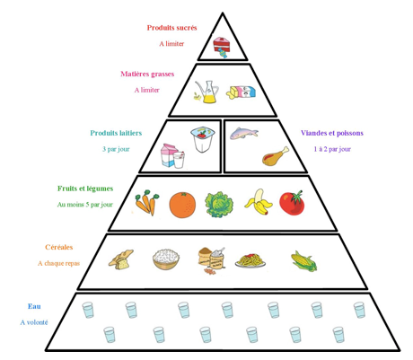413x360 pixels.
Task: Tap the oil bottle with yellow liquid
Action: [x=206, y=92]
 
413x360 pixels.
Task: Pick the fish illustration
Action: [x=244, y=133]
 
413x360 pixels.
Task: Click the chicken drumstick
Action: [x=276, y=156]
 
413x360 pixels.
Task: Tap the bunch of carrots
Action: [x=147, y=202]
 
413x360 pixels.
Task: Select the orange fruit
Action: [x=182, y=205]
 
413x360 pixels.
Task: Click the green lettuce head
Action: [x=219, y=205]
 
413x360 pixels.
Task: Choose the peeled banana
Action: [x=259, y=202]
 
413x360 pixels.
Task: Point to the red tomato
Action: [x=292, y=203]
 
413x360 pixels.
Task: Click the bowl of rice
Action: [x=166, y=259]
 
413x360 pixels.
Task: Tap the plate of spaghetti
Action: [x=250, y=260]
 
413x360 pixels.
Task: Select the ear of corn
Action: [x=304, y=261]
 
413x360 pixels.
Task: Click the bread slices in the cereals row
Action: [x=121, y=259]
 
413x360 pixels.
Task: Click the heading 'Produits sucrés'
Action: [x=171, y=28]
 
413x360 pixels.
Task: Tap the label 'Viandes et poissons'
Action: [x=332, y=133]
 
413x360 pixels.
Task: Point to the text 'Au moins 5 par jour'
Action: [x=85, y=205]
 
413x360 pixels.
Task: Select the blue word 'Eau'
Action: [x=34, y=306]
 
